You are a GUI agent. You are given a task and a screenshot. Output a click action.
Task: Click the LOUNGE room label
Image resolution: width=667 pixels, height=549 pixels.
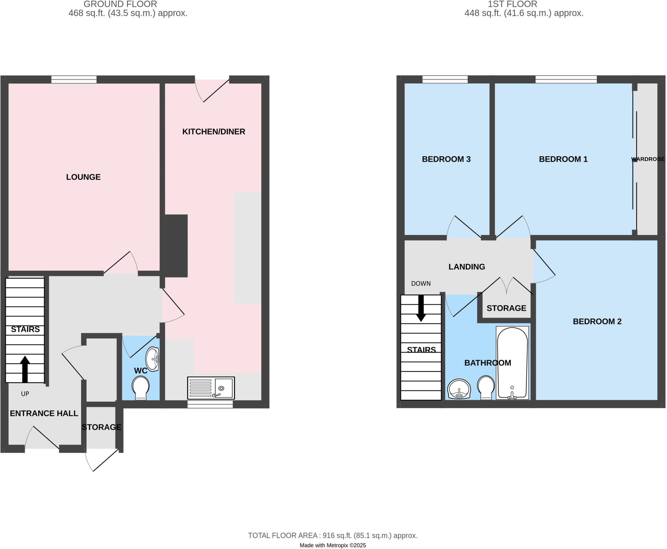pyautogui.click(x=83, y=177)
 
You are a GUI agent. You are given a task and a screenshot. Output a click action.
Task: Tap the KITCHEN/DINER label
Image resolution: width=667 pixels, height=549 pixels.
pyautogui.click(x=214, y=131)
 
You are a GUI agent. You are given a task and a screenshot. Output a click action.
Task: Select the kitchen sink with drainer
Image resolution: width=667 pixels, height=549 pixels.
pyautogui.click(x=211, y=388)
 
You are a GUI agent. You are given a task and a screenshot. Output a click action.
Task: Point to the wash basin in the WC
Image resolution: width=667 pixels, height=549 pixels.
pyautogui.click(x=152, y=359)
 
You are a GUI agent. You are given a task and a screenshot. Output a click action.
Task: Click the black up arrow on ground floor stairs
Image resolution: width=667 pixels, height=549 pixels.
pyautogui.click(x=25, y=369)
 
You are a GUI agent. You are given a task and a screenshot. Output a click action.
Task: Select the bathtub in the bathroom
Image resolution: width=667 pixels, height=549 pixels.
pyautogui.click(x=512, y=363)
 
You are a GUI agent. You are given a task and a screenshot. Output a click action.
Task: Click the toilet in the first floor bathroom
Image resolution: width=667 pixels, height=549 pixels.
pyautogui.click(x=486, y=387)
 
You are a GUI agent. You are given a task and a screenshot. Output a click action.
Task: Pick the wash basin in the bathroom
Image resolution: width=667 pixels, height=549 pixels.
pyautogui.click(x=459, y=389)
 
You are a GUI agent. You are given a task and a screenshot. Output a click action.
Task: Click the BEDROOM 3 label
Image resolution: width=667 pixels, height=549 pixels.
pyautogui.click(x=446, y=159)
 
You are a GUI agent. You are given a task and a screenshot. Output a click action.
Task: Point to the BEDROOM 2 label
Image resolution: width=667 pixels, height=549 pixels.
pyautogui.click(x=597, y=322)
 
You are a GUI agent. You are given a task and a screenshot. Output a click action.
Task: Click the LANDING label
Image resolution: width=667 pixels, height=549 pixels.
pyautogui.click(x=467, y=267)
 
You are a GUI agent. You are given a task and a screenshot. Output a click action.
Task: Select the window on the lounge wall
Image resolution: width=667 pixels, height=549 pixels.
pyautogui.click(x=74, y=79)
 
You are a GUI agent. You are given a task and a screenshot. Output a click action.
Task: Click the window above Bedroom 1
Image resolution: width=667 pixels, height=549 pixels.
pyautogui.click(x=566, y=79)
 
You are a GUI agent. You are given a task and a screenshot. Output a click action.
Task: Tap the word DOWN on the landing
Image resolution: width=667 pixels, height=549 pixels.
pyautogui.click(x=421, y=283)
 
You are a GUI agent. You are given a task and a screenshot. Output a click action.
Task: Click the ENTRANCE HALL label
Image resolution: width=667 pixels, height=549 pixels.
pyautogui.click(x=44, y=413)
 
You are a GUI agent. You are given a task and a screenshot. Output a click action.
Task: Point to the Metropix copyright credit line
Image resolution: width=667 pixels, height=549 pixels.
pyautogui.click(x=333, y=545)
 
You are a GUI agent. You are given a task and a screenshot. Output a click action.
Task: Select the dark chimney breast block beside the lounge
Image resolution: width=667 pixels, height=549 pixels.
pyautogui.click(x=176, y=246)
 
